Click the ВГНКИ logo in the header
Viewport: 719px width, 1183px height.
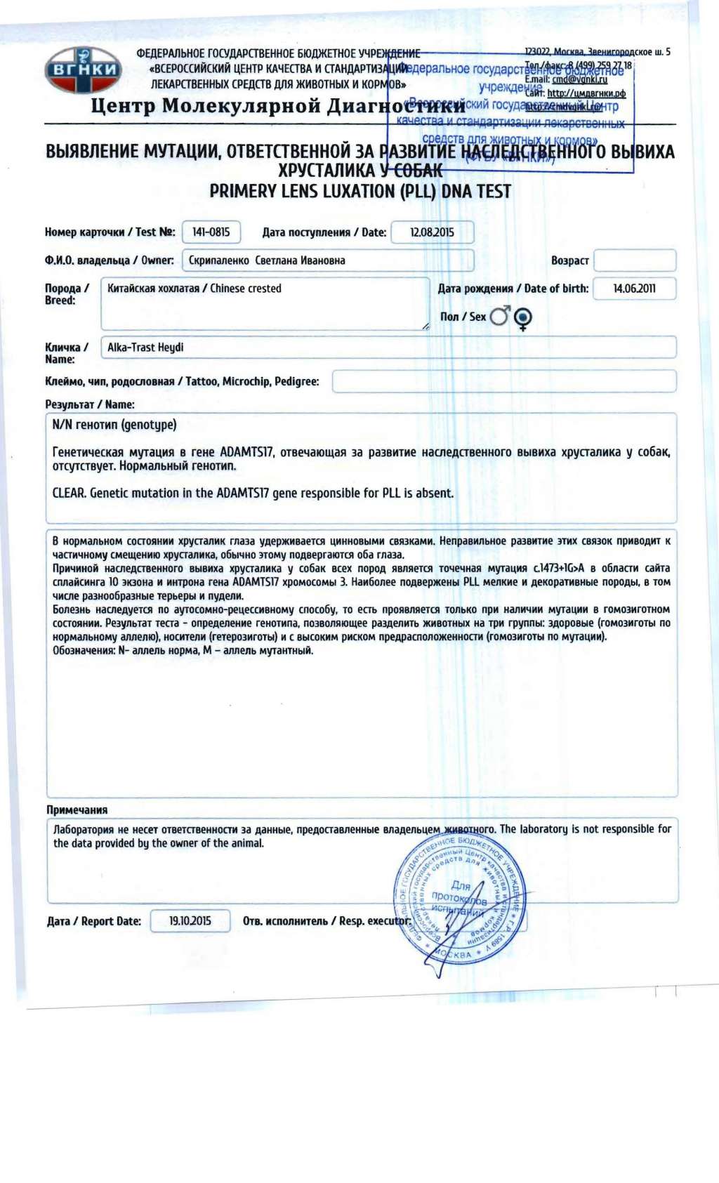point(83,70)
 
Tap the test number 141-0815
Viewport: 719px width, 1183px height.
point(211,232)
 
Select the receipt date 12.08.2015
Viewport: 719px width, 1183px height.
point(432,232)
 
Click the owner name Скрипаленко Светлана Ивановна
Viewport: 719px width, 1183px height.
point(267,260)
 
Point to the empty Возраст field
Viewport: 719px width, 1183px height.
point(635,260)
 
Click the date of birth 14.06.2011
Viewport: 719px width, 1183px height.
point(634,289)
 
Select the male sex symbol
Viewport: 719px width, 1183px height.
point(500,316)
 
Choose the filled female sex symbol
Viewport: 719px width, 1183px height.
point(522,318)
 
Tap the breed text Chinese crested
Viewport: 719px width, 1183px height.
point(246,289)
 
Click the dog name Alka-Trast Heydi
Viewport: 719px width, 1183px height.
point(145,348)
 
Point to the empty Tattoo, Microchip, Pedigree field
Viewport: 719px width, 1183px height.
point(503,381)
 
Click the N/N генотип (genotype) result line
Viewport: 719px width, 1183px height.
point(114,425)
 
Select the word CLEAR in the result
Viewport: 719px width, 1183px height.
point(69,493)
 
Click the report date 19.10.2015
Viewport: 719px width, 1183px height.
point(190,920)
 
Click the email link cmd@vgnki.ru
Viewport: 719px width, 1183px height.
point(580,79)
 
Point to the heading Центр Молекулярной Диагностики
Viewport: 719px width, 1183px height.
point(278,106)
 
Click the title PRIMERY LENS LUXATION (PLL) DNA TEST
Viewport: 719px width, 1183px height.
point(360,192)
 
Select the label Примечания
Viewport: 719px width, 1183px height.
point(77,809)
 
